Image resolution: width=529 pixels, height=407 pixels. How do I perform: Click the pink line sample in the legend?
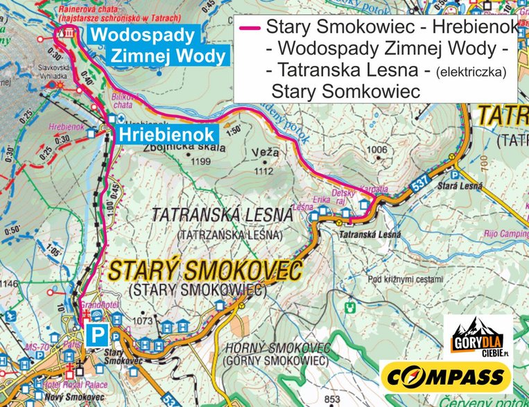[249, 28]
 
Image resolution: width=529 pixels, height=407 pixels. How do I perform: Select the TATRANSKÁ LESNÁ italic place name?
[222, 216]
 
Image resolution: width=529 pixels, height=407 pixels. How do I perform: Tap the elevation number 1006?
[377, 149]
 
